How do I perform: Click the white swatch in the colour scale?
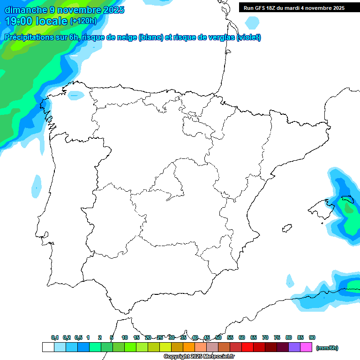[x=48, y=347]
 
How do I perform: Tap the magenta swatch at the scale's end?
[x=306, y=347]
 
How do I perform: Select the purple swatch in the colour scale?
[x=294, y=347]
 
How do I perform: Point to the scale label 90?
[x=312, y=337]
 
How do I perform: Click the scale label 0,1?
[x=55, y=337]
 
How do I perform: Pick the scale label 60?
[x=242, y=337]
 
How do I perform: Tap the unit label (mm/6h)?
[x=327, y=348]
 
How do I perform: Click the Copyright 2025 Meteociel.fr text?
[x=199, y=357]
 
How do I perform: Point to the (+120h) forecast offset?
[x=83, y=21]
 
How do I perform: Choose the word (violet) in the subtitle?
[x=249, y=37]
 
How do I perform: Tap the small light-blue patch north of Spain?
[x=252, y=22]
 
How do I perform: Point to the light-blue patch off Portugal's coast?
[x=37, y=186]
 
